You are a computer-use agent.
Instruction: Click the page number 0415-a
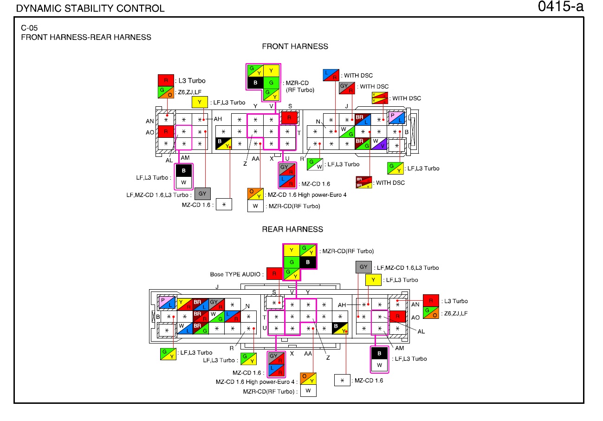coord(560,6)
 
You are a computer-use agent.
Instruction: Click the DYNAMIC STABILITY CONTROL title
coord(90,9)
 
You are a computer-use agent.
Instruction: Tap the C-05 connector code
coord(29,28)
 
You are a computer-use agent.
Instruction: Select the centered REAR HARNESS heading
coord(292,229)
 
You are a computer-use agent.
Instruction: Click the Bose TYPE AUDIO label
coord(235,274)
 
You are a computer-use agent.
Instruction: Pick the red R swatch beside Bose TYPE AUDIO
coord(274,274)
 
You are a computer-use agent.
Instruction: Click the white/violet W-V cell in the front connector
coord(379,144)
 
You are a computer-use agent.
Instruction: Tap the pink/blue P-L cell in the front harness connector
coord(396,118)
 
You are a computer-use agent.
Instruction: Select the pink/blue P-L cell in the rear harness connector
coord(167,303)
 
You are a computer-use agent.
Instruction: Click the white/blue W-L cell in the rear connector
coord(185,329)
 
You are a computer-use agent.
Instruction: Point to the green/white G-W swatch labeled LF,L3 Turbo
coord(315,164)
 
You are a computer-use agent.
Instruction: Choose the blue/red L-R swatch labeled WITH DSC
coord(331,75)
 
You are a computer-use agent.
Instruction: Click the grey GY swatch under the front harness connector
coord(202,194)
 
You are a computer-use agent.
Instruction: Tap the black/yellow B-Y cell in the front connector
coord(223,144)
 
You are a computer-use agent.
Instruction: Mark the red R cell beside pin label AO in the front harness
coord(166,131)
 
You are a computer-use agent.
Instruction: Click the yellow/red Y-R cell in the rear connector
coord(185,304)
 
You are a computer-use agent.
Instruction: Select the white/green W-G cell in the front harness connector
coord(347,132)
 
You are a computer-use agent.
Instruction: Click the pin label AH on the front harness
coord(218,119)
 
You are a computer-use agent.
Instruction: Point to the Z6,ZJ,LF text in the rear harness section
coord(456,314)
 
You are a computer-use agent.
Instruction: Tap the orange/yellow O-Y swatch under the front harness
coord(255,194)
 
